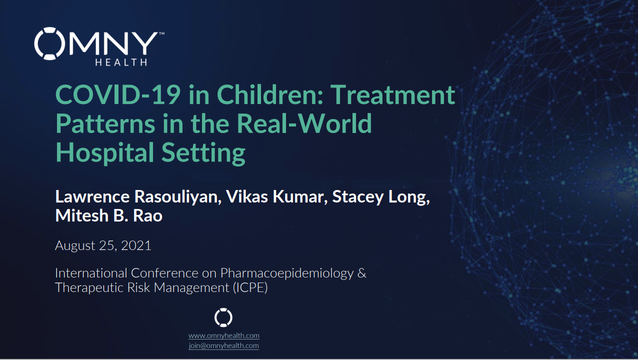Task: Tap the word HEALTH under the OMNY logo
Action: click(x=121, y=62)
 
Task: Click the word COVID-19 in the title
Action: click(x=118, y=94)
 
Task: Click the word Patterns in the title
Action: click(x=105, y=123)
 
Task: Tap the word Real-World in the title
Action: click(x=304, y=123)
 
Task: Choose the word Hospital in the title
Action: click(x=105, y=153)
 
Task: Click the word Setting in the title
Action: click(x=203, y=153)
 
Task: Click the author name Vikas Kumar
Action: click(x=275, y=196)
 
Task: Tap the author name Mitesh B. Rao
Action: click(x=109, y=215)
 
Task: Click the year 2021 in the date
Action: click(x=136, y=245)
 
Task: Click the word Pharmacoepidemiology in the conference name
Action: click(x=287, y=273)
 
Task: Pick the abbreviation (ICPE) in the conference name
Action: click(x=250, y=287)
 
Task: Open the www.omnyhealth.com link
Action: click(x=224, y=336)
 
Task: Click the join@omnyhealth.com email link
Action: click(x=224, y=346)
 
